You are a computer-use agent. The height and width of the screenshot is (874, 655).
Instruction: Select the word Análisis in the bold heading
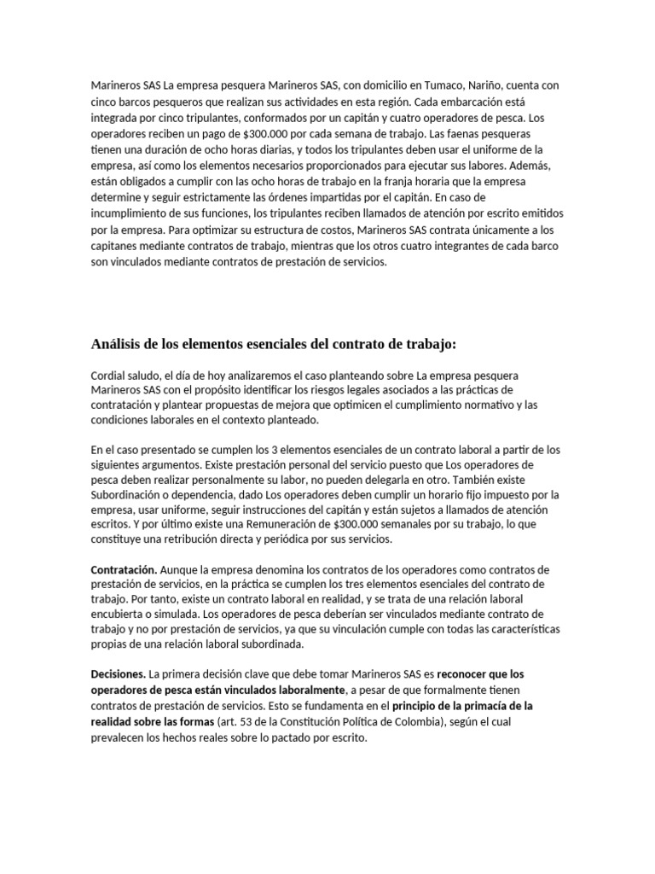pyautogui.click(x=118, y=345)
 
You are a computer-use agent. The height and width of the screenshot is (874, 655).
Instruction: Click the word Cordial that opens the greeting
pyautogui.click(x=107, y=376)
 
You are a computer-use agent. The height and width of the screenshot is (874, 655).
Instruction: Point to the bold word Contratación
pyautogui.click(x=124, y=568)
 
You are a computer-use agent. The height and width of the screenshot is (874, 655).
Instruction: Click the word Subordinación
pyautogui.click(x=130, y=494)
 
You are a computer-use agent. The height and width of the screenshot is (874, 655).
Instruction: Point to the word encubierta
pyautogui.click(x=120, y=614)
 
